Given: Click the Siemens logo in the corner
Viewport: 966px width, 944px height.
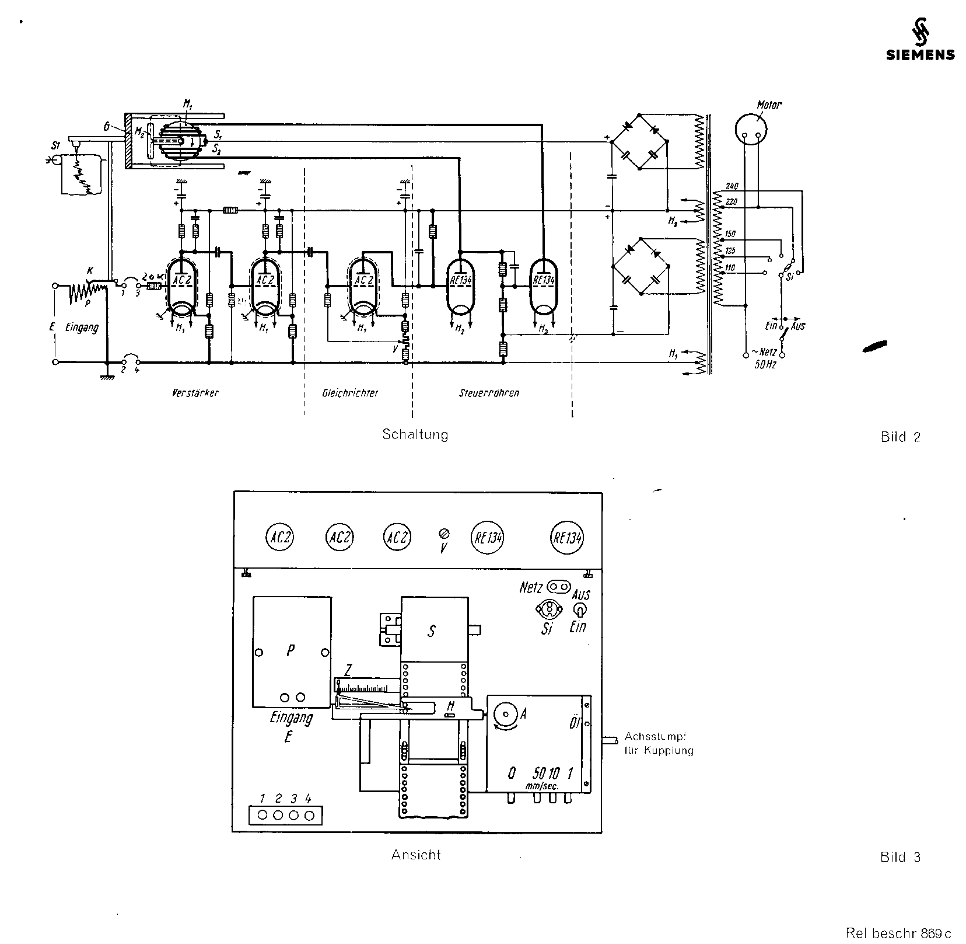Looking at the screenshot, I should [921, 46].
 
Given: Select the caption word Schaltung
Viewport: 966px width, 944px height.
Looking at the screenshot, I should [415, 434].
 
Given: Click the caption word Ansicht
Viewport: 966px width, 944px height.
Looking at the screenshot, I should [415, 855].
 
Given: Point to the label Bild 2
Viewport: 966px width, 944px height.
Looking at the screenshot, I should [900, 437].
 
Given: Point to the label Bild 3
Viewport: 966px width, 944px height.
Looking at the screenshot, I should [900, 857].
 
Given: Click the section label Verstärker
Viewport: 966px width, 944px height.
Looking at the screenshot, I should [195, 393].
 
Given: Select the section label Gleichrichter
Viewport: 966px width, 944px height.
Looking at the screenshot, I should [350, 393].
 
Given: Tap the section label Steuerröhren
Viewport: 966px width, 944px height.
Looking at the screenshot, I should [489, 393].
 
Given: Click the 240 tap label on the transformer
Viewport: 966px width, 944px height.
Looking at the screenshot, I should [732, 186].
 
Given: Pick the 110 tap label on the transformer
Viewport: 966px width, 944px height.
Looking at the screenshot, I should [730, 267].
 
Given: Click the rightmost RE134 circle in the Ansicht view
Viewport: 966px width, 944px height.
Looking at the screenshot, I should [568, 538].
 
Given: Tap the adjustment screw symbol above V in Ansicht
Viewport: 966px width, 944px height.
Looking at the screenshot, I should [444, 533].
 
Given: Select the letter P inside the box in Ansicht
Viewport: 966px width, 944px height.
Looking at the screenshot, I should [290, 652].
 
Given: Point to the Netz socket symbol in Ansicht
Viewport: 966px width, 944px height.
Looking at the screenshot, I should [558, 586].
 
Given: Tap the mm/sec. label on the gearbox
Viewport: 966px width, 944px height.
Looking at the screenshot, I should [542, 786].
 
